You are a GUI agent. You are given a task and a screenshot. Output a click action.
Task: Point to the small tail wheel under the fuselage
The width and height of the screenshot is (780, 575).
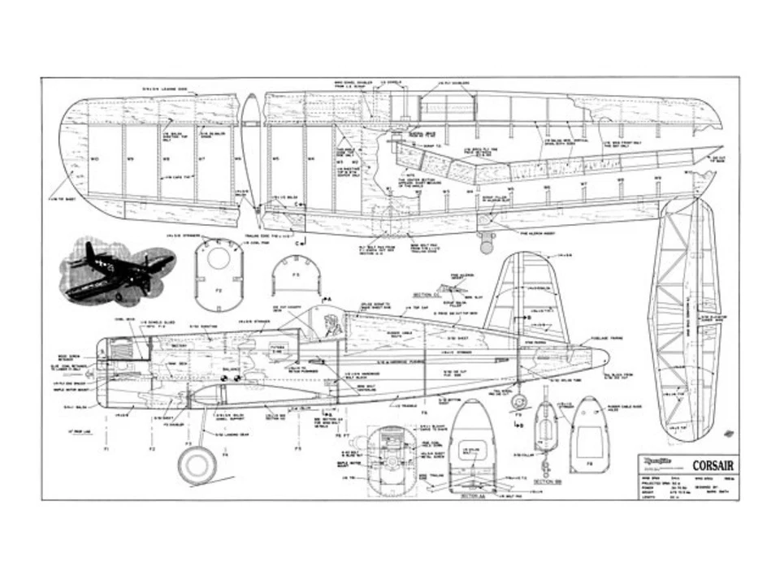pyautogui.click(x=520, y=402)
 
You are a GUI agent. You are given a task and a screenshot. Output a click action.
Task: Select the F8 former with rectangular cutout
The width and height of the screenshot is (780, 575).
pyautogui.click(x=589, y=434)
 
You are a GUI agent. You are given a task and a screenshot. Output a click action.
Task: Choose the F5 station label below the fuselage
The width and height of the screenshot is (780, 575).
pyautogui.click(x=297, y=447)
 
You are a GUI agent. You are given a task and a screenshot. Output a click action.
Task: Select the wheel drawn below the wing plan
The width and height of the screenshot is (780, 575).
pyautogui.click(x=487, y=241)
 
